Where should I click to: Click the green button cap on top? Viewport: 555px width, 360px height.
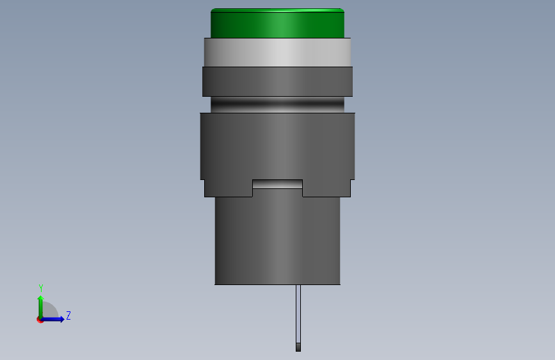277,24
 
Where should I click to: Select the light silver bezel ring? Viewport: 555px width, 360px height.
277,52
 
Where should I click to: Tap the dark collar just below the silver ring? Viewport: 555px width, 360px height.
277,81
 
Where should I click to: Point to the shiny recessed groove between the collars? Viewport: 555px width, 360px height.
277,104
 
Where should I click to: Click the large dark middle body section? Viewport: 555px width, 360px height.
277,145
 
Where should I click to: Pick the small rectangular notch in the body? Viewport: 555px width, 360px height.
277,184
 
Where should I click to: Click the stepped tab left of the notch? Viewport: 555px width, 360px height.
228,188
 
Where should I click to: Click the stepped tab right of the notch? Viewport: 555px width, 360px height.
326,188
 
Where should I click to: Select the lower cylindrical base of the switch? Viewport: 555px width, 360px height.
277,240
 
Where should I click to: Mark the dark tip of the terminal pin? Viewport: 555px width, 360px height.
298,347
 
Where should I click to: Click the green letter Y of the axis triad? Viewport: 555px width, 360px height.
40,288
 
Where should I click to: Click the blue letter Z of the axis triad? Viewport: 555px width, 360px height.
68,315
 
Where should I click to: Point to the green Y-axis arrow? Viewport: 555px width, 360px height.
40,306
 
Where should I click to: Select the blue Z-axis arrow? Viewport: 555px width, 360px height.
54,319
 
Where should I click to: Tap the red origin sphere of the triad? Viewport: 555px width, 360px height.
40,319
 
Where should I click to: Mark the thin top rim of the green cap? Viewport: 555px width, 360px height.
277,10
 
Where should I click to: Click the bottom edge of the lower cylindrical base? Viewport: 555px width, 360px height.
277,283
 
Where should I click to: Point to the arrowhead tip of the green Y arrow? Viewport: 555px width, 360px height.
40,297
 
